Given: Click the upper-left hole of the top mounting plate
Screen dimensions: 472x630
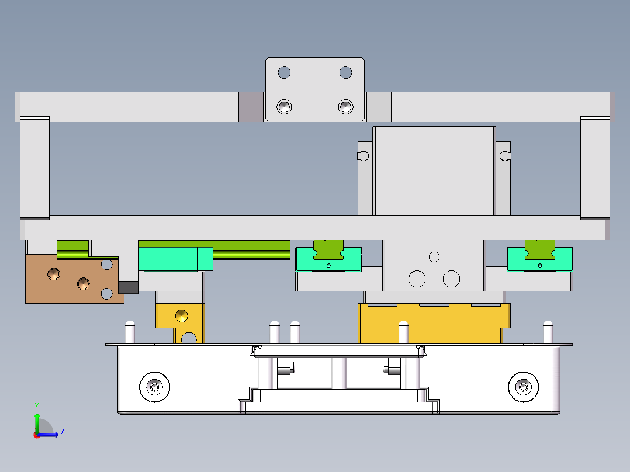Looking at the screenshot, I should (x=284, y=73).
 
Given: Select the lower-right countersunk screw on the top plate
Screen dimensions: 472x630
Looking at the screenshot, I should (x=345, y=107).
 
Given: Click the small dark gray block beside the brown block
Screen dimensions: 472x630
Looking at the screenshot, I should (x=128, y=287).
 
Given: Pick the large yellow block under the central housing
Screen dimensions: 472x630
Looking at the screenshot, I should (x=432, y=323).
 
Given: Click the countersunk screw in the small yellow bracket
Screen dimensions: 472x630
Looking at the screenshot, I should (x=182, y=315).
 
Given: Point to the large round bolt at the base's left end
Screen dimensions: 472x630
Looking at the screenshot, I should (x=155, y=386).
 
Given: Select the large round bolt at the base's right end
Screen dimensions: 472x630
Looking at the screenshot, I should (x=523, y=386).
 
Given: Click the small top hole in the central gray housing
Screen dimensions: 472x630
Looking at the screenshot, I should (x=434, y=256).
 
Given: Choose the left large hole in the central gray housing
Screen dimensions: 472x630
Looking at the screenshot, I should (x=417, y=279).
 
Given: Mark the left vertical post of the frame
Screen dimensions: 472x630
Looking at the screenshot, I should (x=34, y=167).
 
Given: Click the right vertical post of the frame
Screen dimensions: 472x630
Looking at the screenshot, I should (x=595, y=167).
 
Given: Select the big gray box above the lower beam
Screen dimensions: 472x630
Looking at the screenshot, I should (x=434, y=171).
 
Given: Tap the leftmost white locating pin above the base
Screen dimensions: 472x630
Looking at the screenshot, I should (x=130, y=332).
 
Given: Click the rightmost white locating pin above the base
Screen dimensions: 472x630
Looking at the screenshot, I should (x=548, y=332).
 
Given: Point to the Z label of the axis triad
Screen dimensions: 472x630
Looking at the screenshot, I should (x=63, y=432).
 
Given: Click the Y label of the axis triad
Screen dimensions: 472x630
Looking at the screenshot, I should (x=36, y=405).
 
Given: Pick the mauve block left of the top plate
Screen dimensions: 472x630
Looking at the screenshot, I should (x=251, y=107).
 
